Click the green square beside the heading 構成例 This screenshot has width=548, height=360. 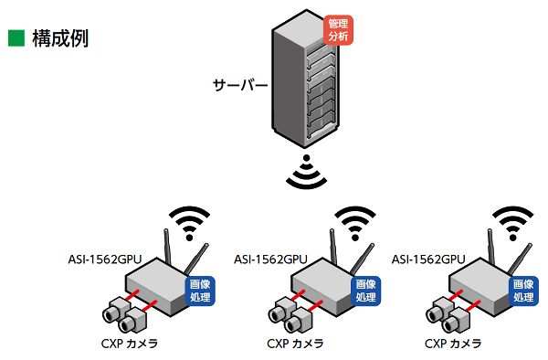pyautogui.click(x=16, y=38)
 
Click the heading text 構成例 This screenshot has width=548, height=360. pyautogui.click(x=60, y=38)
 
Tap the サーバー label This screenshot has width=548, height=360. pyautogui.click(x=240, y=87)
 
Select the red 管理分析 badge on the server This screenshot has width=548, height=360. pyautogui.click(x=337, y=28)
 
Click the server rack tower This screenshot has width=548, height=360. pyautogui.click(x=302, y=82)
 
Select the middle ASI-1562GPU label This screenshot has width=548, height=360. pyautogui.click(x=270, y=259)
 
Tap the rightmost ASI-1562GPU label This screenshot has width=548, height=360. pyautogui.click(x=429, y=259)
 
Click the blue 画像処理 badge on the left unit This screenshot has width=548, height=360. pyautogui.click(x=204, y=291)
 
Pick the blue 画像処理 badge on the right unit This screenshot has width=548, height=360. pyautogui.click(x=522, y=291)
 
